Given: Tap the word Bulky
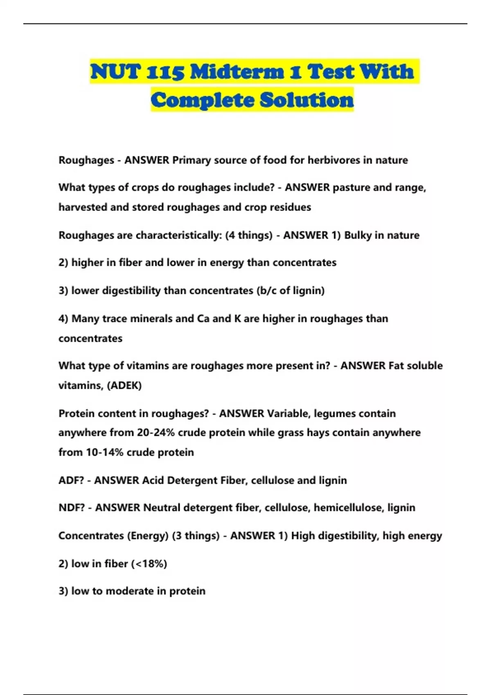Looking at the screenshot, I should point(358,235).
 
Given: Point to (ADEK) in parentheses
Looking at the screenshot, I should point(124,386).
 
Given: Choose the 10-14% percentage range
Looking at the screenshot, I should point(104,453).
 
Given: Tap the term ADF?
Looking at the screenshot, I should point(71,480).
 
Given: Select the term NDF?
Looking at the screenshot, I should point(72,508).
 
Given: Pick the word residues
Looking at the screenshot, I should point(291,207).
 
